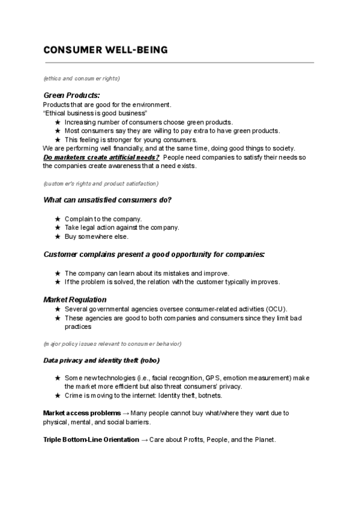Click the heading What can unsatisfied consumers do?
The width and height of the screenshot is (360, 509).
[x=107, y=200]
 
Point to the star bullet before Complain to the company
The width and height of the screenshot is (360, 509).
[x=57, y=219]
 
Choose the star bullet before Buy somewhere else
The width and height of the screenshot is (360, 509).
[x=57, y=236]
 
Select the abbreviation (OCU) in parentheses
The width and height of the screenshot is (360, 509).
[x=277, y=309]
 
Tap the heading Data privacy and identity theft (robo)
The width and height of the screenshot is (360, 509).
[x=101, y=360]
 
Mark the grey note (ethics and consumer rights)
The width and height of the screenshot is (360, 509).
[x=82, y=79]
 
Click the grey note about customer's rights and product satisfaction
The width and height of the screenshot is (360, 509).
[x=101, y=182]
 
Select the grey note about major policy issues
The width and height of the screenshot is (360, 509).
[x=112, y=343]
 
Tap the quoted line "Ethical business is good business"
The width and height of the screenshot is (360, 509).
[x=95, y=113]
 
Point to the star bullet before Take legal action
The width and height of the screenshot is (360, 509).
[x=57, y=227]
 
